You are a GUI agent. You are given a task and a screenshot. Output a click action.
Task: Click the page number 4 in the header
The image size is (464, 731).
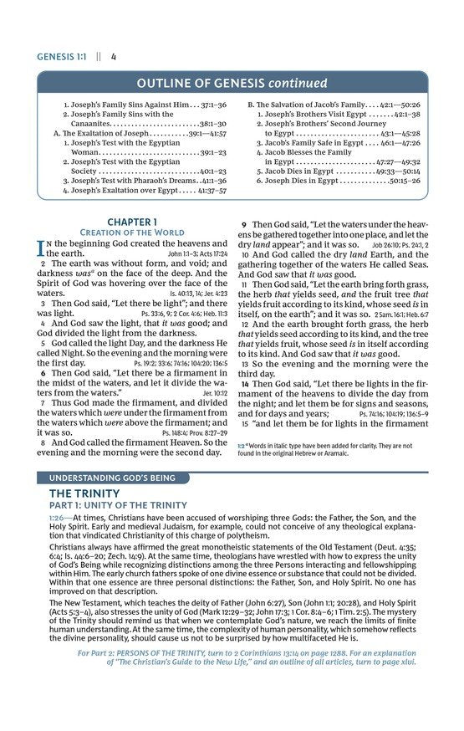click(x=113, y=57)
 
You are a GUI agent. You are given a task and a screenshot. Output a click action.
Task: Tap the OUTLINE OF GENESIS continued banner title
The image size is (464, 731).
click(x=232, y=83)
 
